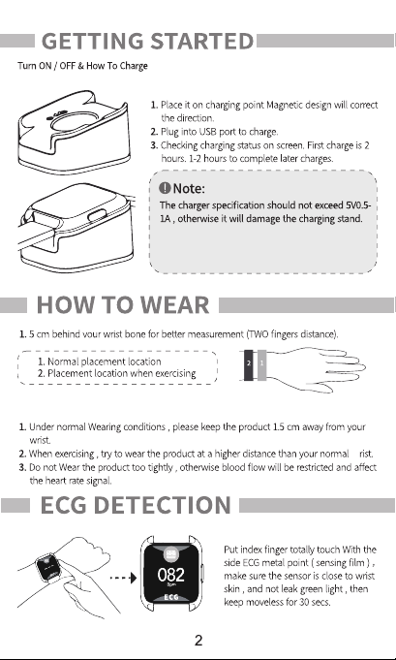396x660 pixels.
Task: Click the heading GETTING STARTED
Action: click(x=147, y=42)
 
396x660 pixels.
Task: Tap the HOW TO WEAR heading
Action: click(x=123, y=304)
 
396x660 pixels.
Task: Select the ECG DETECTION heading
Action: click(x=136, y=505)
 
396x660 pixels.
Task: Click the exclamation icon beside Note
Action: click(x=165, y=188)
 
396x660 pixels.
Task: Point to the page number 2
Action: click(x=198, y=641)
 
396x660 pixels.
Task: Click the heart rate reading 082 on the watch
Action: click(x=171, y=575)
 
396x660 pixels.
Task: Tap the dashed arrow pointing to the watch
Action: click(x=123, y=578)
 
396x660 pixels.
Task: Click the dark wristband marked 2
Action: click(x=249, y=365)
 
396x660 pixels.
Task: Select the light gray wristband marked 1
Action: click(x=261, y=365)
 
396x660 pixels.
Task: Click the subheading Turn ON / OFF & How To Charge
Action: click(x=82, y=66)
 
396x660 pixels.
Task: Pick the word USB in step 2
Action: click(x=207, y=132)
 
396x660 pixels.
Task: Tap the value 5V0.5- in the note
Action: click(x=358, y=205)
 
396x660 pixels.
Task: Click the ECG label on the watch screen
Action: click(x=171, y=597)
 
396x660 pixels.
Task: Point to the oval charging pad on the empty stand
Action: click(x=76, y=122)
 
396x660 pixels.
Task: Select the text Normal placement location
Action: click(x=104, y=361)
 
